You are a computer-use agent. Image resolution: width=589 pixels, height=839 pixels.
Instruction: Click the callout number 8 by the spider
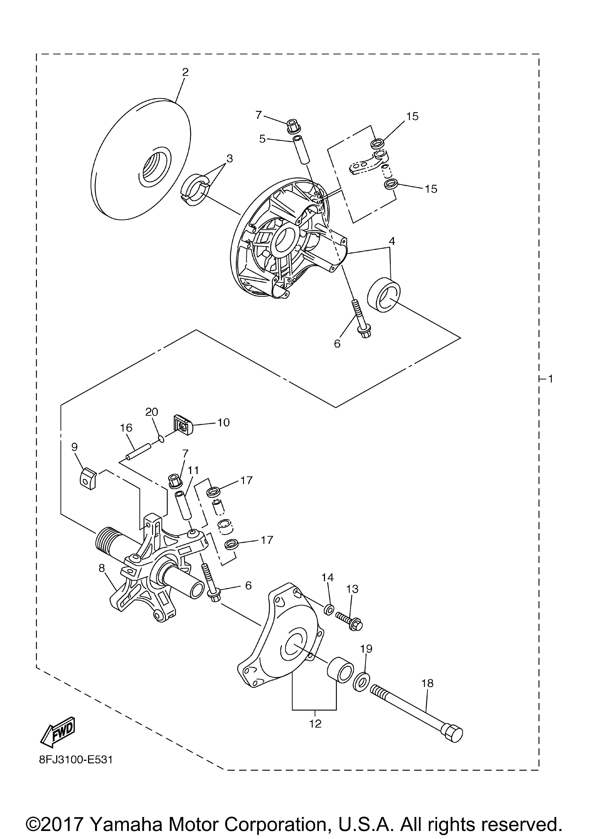pos(102,567)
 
